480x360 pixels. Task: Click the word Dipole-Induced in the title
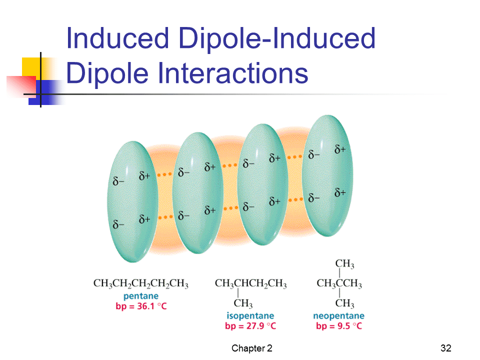tap(277, 38)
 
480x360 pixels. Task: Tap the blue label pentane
tap(141, 296)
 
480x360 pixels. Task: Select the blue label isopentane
tap(250, 315)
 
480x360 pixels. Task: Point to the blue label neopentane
tap(338, 315)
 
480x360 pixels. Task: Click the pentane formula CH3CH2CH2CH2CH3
tap(141, 283)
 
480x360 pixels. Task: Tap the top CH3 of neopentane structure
tap(344, 263)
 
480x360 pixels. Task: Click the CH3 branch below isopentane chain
tap(243, 303)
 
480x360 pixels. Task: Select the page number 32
tap(446, 348)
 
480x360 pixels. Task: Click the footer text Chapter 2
tap(251, 348)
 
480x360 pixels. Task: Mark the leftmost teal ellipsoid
tap(132, 201)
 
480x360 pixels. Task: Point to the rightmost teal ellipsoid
tap(327, 175)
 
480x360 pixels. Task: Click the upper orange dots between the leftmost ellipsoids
tap(164, 174)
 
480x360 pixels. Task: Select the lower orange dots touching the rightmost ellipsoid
tap(295, 200)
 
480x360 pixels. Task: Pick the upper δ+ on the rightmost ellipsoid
tap(340, 149)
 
